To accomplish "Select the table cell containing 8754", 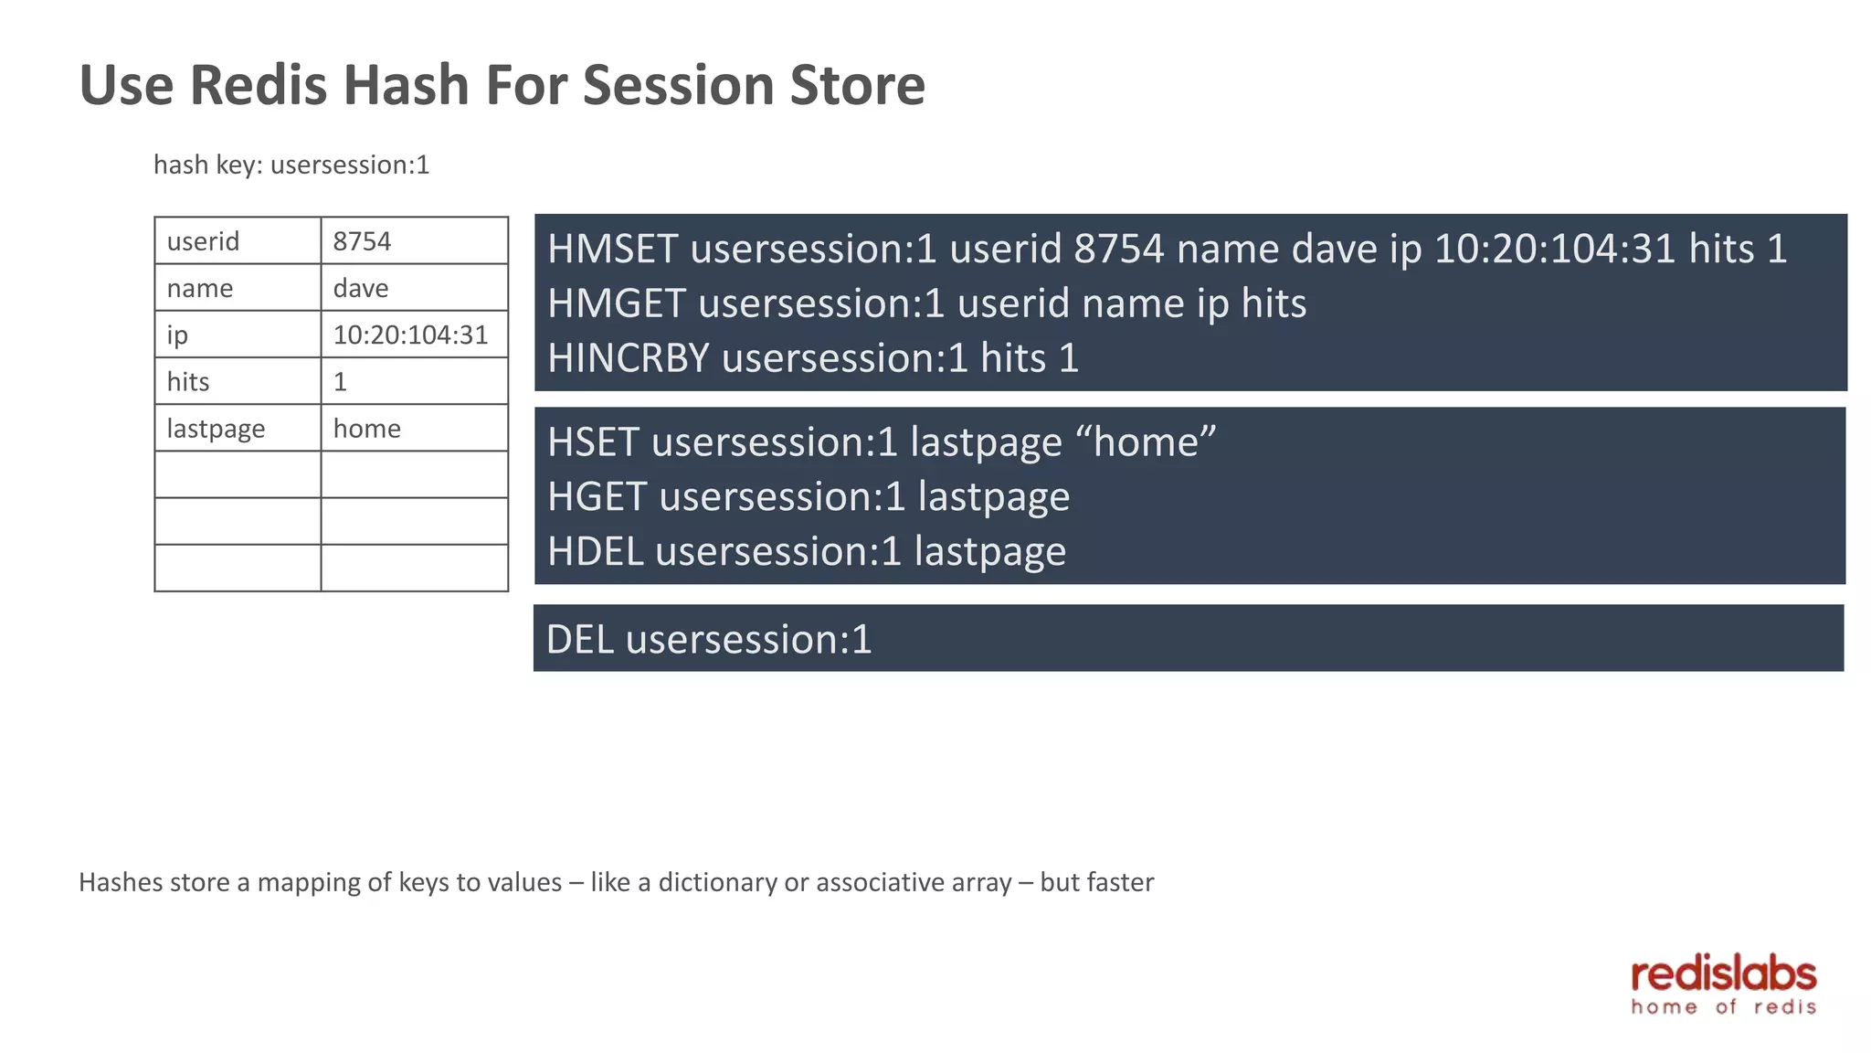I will pos(414,241).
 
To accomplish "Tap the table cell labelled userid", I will pos(238,241).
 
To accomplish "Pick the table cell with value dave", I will pos(414,288).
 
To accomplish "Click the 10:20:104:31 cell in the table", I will pos(414,335).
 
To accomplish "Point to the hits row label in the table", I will pos(238,381).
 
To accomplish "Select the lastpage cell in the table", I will pos(238,428).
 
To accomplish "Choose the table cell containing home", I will pos(414,428).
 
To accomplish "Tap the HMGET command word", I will pos(616,303).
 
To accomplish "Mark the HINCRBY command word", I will pos(628,357).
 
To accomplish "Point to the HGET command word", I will pos(597,497).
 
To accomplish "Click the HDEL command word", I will pos(595,551).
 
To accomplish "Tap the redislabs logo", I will pos(1723,985).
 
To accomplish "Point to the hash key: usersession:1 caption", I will pos(291,165).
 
